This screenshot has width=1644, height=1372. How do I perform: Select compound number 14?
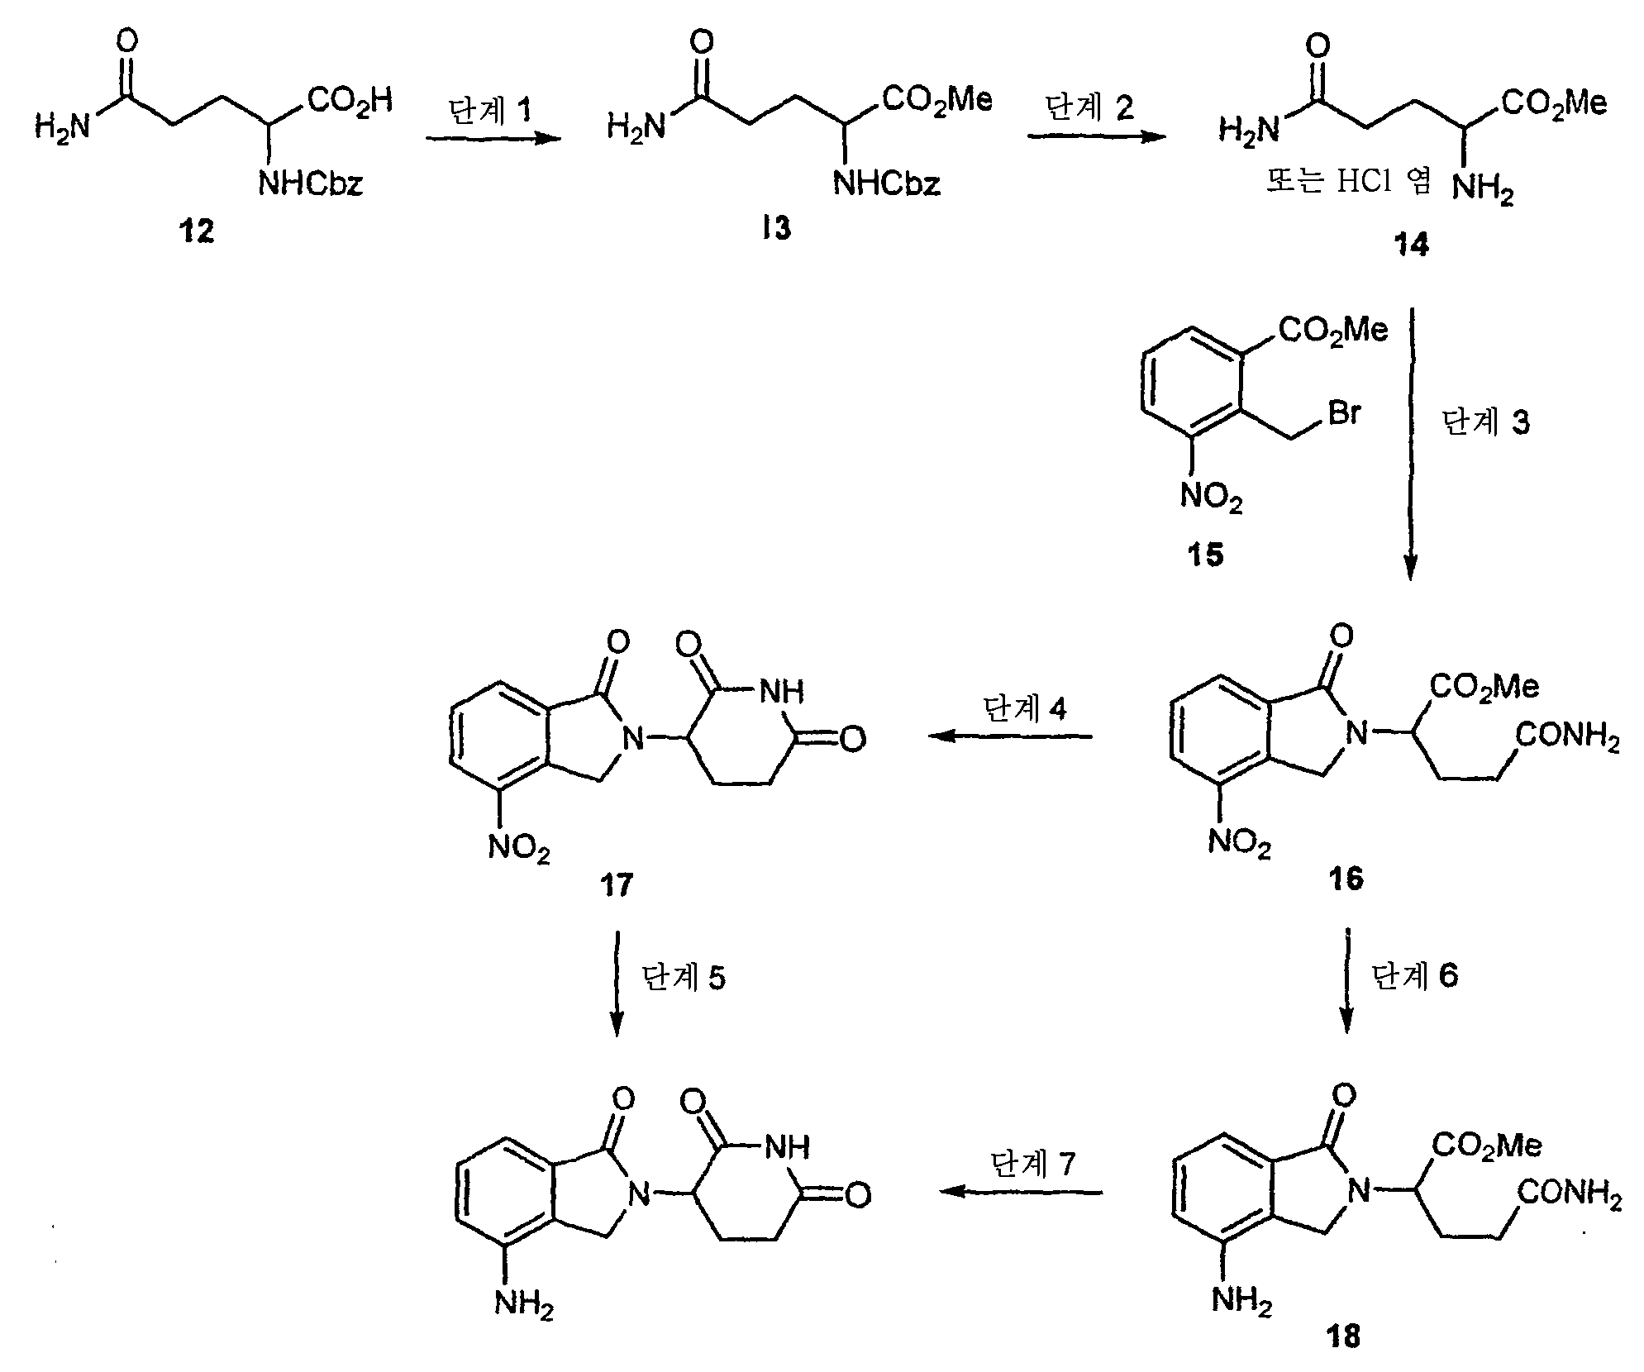coord(1411,245)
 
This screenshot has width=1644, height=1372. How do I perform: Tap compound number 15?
coord(1205,555)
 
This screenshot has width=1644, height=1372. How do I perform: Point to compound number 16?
coord(1346,879)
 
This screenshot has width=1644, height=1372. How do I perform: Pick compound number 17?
coord(617,885)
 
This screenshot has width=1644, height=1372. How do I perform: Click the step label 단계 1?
coord(490,111)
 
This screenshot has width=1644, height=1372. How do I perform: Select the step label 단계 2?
coord(1090,107)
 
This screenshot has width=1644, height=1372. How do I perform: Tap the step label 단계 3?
coord(1486,422)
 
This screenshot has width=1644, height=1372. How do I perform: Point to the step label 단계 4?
coord(1024,709)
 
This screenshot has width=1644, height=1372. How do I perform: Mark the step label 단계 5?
coord(684,978)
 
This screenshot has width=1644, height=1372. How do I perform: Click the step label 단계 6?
coord(1415,976)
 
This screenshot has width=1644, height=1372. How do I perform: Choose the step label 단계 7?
coord(1033,1164)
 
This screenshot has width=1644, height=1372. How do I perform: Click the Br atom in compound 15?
coord(1344,413)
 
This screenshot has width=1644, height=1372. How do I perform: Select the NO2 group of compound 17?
coord(519,848)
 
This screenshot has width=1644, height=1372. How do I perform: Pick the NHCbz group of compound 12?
coord(311,183)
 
